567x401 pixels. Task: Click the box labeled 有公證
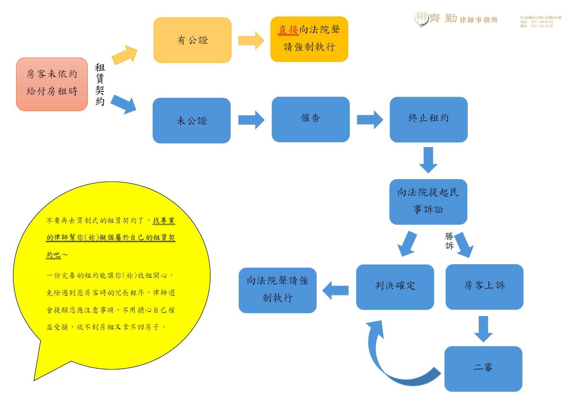192,40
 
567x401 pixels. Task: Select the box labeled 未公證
191,121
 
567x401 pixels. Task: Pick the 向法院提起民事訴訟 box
428,202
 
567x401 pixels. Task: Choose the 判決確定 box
395,287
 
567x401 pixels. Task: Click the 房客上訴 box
484,287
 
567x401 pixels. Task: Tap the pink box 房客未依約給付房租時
52,84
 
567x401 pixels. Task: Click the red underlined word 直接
288,30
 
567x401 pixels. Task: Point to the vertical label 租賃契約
100,84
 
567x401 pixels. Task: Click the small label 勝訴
449,241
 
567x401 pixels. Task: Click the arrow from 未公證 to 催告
251,120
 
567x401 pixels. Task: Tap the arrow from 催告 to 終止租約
370,120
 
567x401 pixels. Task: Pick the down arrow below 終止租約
428,160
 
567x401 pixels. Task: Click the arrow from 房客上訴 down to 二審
483,328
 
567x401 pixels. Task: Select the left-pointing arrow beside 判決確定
335,290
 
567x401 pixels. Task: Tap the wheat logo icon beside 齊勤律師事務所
421,19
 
